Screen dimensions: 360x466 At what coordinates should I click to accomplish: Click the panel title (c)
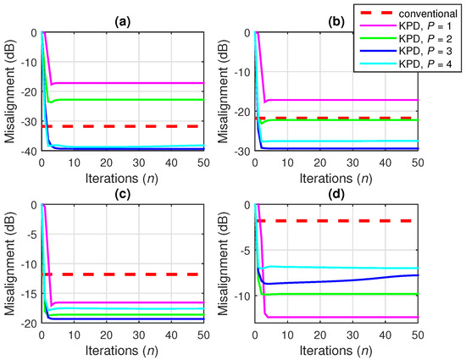click(x=123, y=193)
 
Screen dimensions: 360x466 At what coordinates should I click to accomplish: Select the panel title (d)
click(x=336, y=193)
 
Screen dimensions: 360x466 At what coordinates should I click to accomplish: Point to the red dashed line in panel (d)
click(x=339, y=221)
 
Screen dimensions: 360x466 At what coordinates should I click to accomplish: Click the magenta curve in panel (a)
click(x=127, y=83)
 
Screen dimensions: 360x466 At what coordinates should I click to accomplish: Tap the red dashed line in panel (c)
click(x=127, y=274)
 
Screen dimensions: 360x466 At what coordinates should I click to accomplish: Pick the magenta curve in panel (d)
click(x=339, y=317)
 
